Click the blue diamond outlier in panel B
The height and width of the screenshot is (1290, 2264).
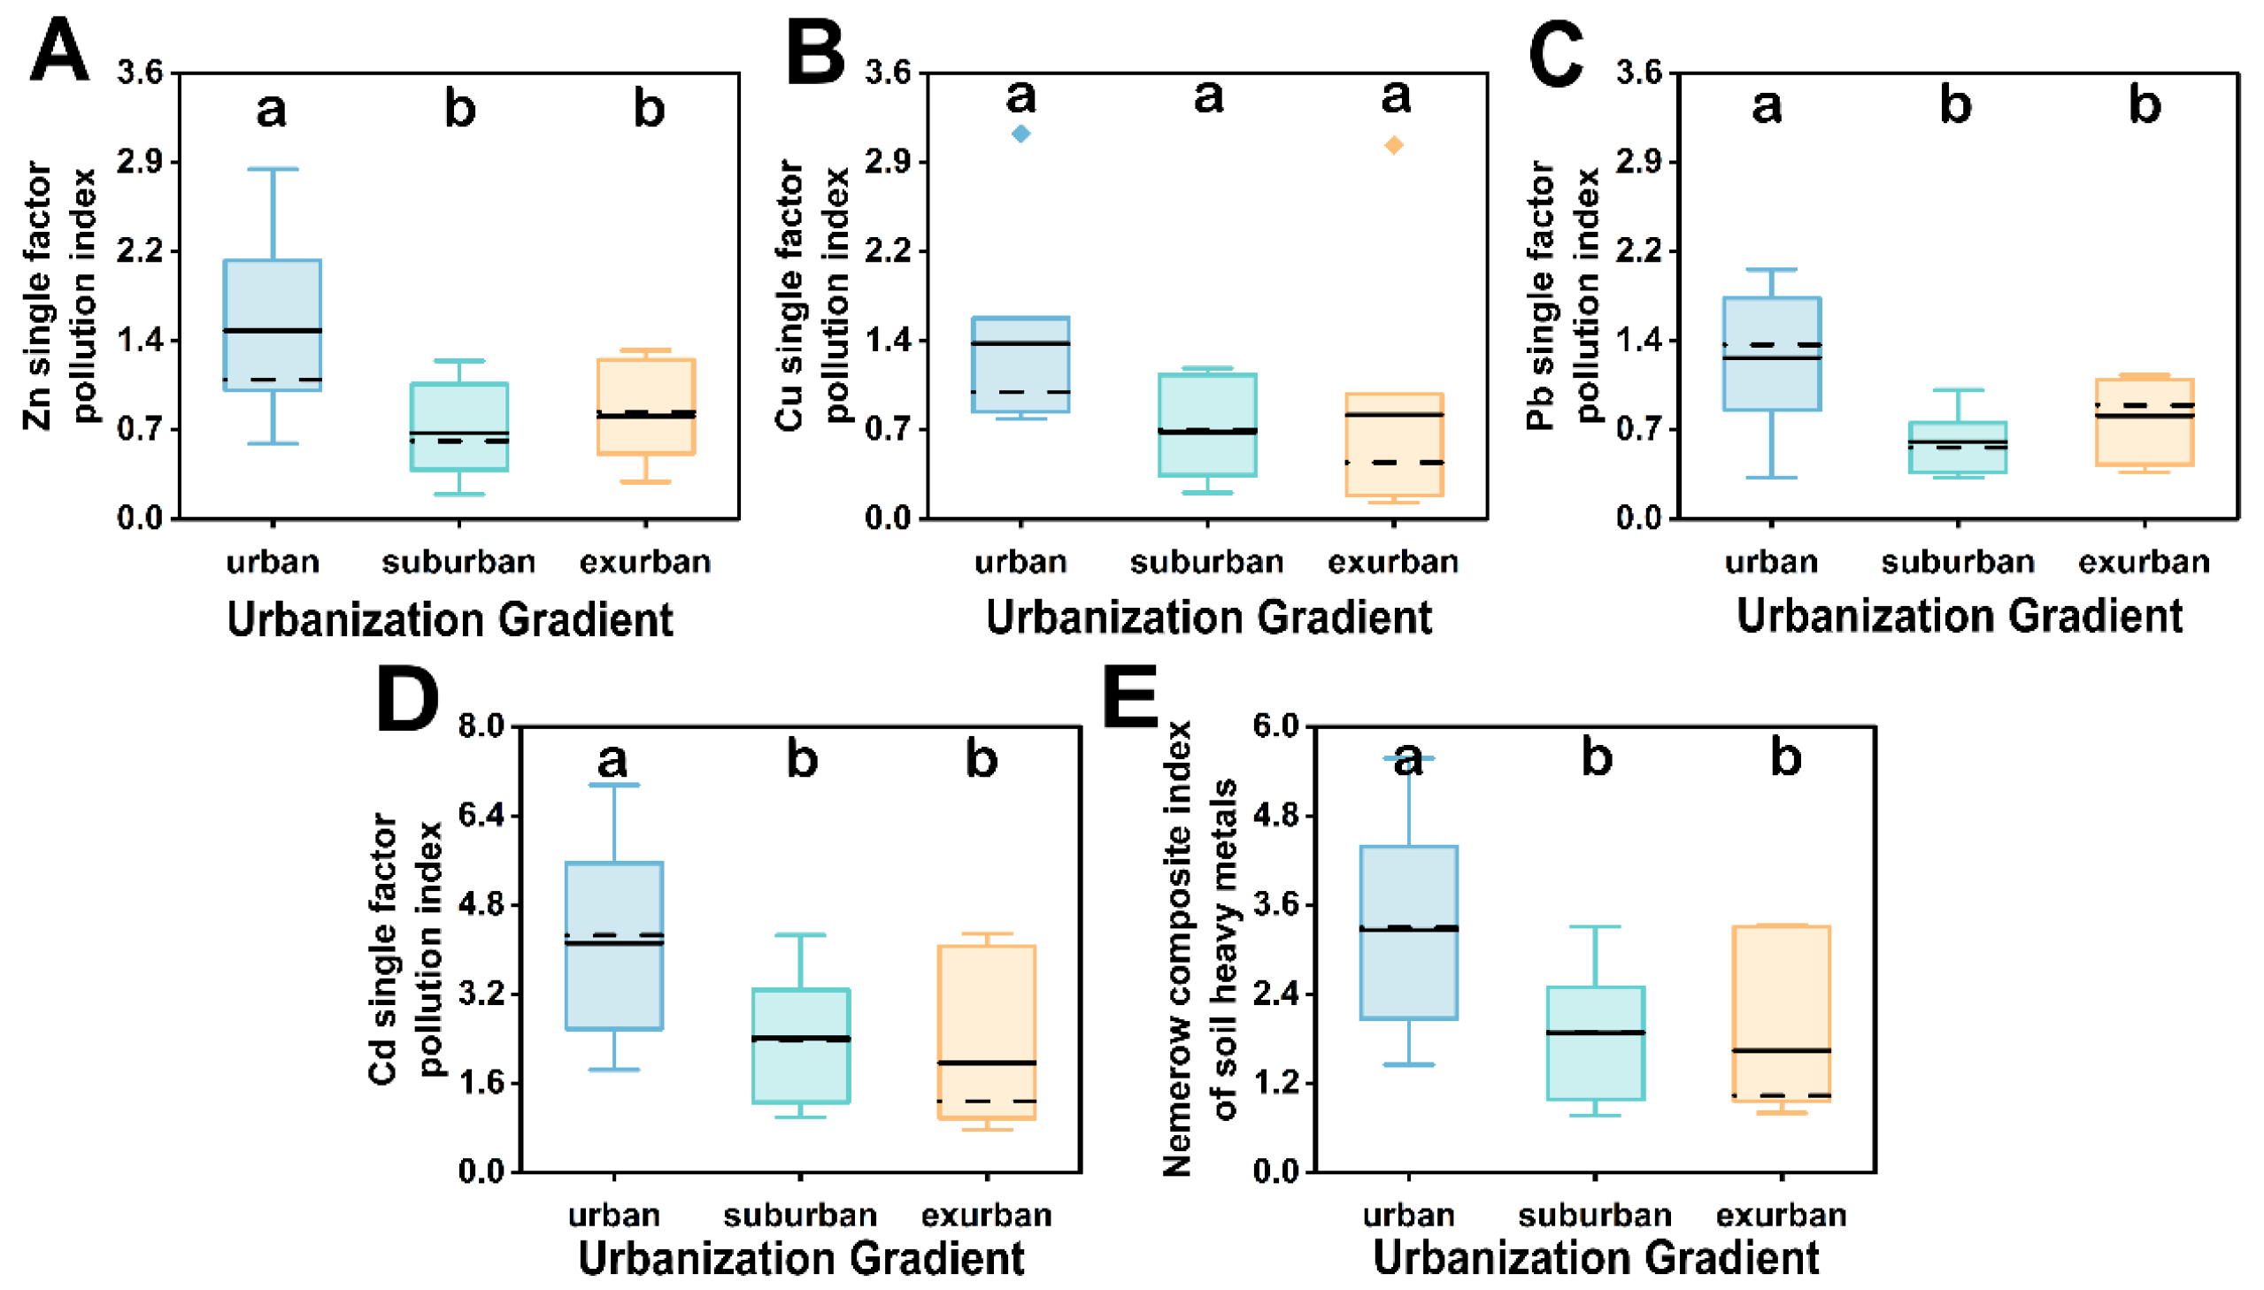1020,134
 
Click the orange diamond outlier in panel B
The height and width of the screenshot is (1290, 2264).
1394,145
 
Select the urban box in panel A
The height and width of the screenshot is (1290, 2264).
273,325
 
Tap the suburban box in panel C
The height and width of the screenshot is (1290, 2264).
1957,448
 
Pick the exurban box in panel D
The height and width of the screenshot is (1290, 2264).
987,1033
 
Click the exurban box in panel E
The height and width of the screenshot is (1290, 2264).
1781,1013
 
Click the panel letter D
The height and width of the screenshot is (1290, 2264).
407,700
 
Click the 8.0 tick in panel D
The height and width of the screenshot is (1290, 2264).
481,726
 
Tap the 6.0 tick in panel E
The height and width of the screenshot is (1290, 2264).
1275,726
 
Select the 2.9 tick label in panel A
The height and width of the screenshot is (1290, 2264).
140,162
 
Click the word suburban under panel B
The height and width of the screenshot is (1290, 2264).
1207,562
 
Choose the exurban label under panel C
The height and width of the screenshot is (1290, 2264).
2144,562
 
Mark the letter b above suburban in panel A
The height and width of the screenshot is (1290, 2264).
460,110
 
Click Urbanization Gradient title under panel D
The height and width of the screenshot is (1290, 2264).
801,1258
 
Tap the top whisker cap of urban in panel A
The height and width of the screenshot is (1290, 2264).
273,168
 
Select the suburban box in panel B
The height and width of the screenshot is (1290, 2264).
1207,426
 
